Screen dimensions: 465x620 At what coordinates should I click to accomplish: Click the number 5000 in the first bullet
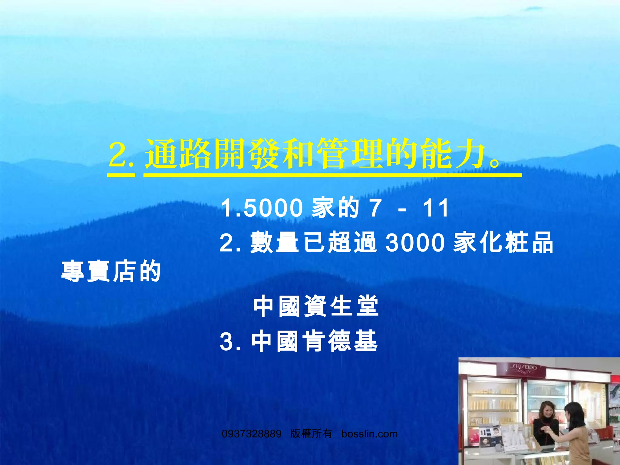click(272, 208)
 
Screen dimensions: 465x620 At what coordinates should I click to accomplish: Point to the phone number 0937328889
click(252, 434)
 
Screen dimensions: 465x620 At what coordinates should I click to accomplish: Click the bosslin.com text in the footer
click(369, 434)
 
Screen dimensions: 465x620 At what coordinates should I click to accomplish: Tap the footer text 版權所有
click(311, 434)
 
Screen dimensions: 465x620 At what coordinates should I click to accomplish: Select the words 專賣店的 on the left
click(111, 272)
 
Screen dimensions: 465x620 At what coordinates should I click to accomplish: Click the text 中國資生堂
click(316, 306)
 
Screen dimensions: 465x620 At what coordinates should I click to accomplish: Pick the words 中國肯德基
click(314, 341)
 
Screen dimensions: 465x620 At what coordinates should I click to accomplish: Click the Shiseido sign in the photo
click(524, 367)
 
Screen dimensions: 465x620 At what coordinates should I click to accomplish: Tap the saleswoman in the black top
click(545, 422)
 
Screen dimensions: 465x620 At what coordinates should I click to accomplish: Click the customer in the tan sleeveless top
click(575, 430)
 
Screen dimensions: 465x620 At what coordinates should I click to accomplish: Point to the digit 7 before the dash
click(375, 208)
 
